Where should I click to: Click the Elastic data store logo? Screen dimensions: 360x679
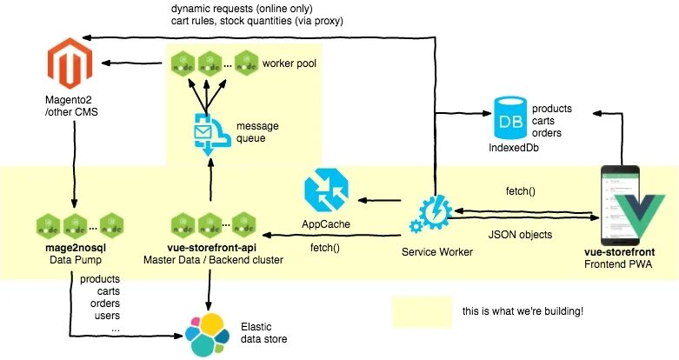(210, 332)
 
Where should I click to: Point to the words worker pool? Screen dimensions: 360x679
(289, 64)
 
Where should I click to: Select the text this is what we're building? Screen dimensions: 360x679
(523, 310)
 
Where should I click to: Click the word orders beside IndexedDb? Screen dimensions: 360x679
(546, 133)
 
